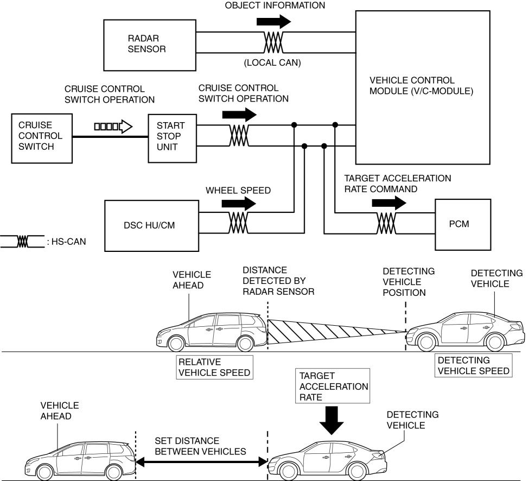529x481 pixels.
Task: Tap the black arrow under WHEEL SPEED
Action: pyautogui.click(x=239, y=204)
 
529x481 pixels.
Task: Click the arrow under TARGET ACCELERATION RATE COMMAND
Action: pyautogui.click(x=388, y=202)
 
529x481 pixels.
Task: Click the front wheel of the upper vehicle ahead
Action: pyautogui.click(x=176, y=343)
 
